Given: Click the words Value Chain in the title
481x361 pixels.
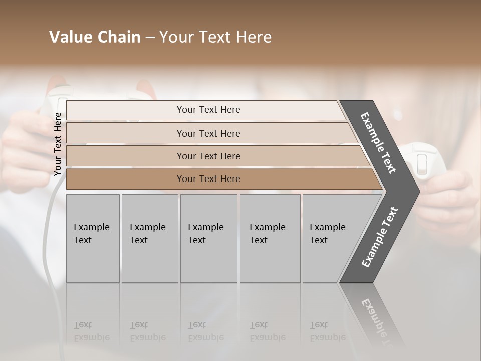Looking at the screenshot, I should pos(95,37).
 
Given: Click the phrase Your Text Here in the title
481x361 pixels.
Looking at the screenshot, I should pos(215,37).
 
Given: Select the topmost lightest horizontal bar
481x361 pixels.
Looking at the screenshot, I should pos(208,110).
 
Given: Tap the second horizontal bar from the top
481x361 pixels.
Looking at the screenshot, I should pos(208,133).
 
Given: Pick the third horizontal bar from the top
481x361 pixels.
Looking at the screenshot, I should pos(208,156).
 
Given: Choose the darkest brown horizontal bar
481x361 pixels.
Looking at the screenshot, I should pos(208,179).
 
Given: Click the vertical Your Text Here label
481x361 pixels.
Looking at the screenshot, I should pos(58,144).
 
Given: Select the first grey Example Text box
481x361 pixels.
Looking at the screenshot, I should pos(93,238).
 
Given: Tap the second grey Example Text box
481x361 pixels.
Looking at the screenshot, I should pos(149,238).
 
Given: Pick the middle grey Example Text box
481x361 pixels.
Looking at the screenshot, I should pos(208,238).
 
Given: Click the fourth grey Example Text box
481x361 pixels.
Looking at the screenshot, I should pos(270,238).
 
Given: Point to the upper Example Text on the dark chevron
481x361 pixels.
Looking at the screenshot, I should pos(378,143).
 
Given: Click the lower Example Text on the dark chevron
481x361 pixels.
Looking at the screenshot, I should pos(380,237).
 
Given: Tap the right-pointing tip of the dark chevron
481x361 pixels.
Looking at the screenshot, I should pos(417,191).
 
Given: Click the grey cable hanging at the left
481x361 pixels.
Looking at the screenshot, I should pos(48,241).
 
